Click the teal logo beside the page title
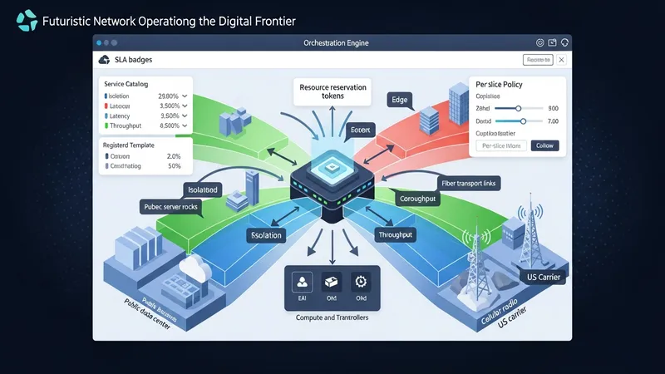(27, 20)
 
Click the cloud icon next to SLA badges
(104, 59)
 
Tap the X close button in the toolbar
(561, 60)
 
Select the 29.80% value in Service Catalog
(170, 96)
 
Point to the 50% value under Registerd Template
(174, 166)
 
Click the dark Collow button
(544, 145)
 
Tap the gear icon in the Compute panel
(360, 281)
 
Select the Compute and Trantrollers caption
(332, 317)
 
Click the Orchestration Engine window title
(331, 42)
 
